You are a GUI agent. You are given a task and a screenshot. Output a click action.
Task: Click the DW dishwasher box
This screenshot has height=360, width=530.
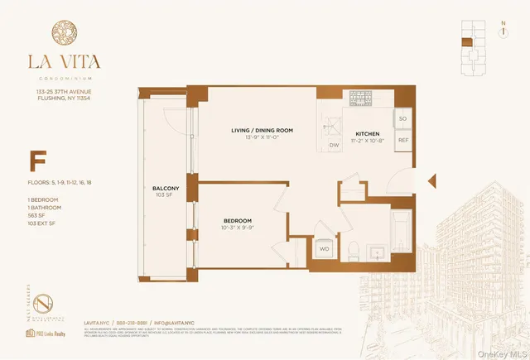(x=334, y=145)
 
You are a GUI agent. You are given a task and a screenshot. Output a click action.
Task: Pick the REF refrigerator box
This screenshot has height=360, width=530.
(x=403, y=141)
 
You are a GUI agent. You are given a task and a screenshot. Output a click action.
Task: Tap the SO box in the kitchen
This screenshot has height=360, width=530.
(x=403, y=119)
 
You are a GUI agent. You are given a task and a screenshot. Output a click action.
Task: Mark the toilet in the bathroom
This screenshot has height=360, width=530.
(x=351, y=247)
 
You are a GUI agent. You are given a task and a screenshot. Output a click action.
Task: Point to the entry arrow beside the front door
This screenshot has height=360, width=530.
(x=430, y=180)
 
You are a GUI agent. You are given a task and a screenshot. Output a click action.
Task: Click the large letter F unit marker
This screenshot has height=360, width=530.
(x=37, y=160)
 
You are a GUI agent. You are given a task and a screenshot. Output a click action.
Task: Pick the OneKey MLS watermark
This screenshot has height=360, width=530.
(x=499, y=351)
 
